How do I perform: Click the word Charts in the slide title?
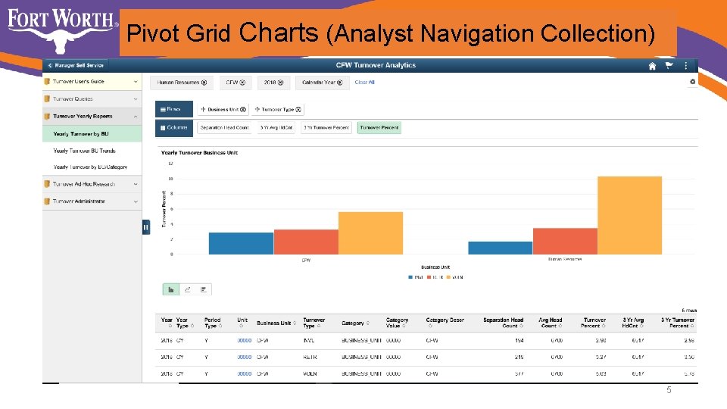[278, 33]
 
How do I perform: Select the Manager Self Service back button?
[76, 66]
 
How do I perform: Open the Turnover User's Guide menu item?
[79, 81]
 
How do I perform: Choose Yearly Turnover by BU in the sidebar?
[81, 133]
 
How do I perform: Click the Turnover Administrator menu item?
[79, 201]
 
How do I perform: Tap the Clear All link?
[365, 83]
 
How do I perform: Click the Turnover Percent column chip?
[379, 128]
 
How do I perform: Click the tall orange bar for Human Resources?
[629, 215]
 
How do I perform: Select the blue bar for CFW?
[240, 243]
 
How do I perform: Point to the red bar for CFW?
[305, 242]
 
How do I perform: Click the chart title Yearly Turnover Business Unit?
[199, 153]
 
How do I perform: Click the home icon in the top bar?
[652, 66]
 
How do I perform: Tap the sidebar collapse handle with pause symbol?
[146, 227]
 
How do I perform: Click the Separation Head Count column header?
[503, 323]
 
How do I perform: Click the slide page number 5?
[669, 390]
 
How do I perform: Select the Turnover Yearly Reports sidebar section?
[83, 117]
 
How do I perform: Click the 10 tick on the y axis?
[171, 179]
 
